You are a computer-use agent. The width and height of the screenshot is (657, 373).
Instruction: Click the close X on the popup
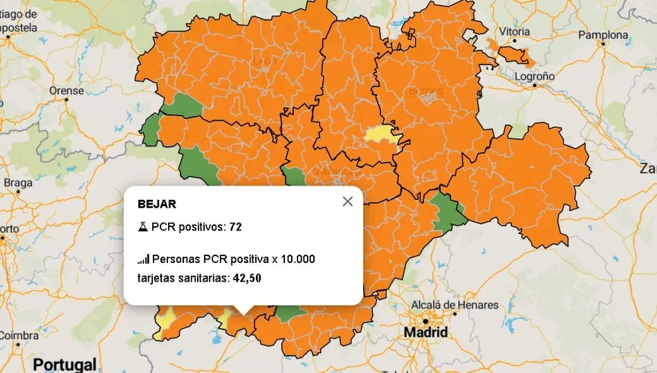347,201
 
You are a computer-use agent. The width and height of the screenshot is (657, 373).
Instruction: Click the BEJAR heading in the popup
157,204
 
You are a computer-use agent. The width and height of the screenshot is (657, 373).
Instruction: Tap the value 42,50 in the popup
246,278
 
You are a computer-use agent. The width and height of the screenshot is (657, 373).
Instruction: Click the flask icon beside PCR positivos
142,227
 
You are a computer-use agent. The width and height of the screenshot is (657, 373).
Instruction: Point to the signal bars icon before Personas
143,260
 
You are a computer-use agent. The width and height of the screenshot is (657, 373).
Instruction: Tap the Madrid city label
425,333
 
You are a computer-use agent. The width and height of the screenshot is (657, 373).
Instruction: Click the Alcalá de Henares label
454,305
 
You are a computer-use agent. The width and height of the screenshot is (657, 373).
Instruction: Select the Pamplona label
603,35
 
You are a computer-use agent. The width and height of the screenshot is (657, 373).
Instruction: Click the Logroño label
533,76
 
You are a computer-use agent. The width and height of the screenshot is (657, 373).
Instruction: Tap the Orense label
66,91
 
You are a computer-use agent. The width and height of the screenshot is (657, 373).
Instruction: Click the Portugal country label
65,364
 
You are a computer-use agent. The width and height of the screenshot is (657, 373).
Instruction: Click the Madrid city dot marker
425,320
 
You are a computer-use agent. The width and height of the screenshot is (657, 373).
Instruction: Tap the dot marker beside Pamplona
603,44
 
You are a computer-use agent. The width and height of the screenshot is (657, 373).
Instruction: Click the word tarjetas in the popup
158,278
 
